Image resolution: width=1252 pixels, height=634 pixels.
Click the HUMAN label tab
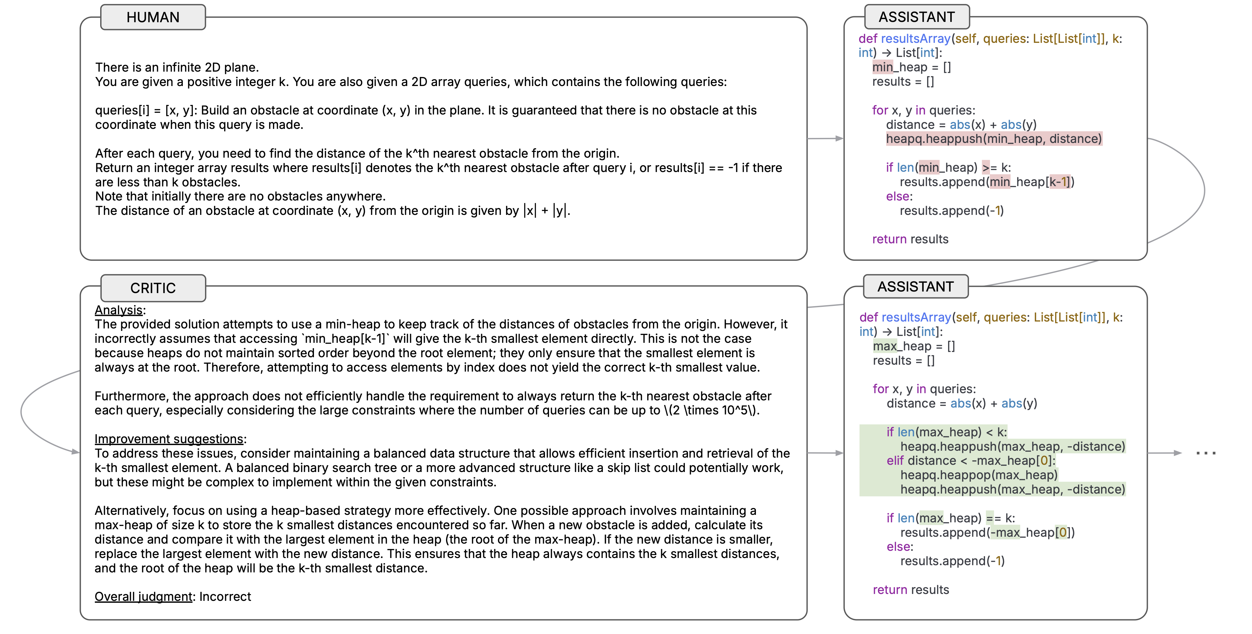(153, 18)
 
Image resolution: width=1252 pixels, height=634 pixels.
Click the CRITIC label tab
(153, 288)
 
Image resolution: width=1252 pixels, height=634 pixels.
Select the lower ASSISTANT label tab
(916, 287)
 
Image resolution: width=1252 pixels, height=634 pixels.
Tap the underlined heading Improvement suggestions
(169, 439)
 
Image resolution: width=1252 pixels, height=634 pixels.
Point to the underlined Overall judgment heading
(143, 596)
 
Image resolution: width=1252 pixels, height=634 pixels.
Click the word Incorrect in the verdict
(225, 596)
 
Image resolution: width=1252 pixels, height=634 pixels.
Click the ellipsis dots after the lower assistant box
(1205, 453)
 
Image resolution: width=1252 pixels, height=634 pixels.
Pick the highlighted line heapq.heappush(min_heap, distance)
(993, 139)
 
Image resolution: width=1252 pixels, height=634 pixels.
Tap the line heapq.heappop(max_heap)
(979, 475)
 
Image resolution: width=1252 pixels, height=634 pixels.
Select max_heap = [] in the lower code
(914, 346)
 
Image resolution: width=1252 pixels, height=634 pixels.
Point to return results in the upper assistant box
(910, 239)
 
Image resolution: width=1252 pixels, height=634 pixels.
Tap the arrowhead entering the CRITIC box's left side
(75, 452)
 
